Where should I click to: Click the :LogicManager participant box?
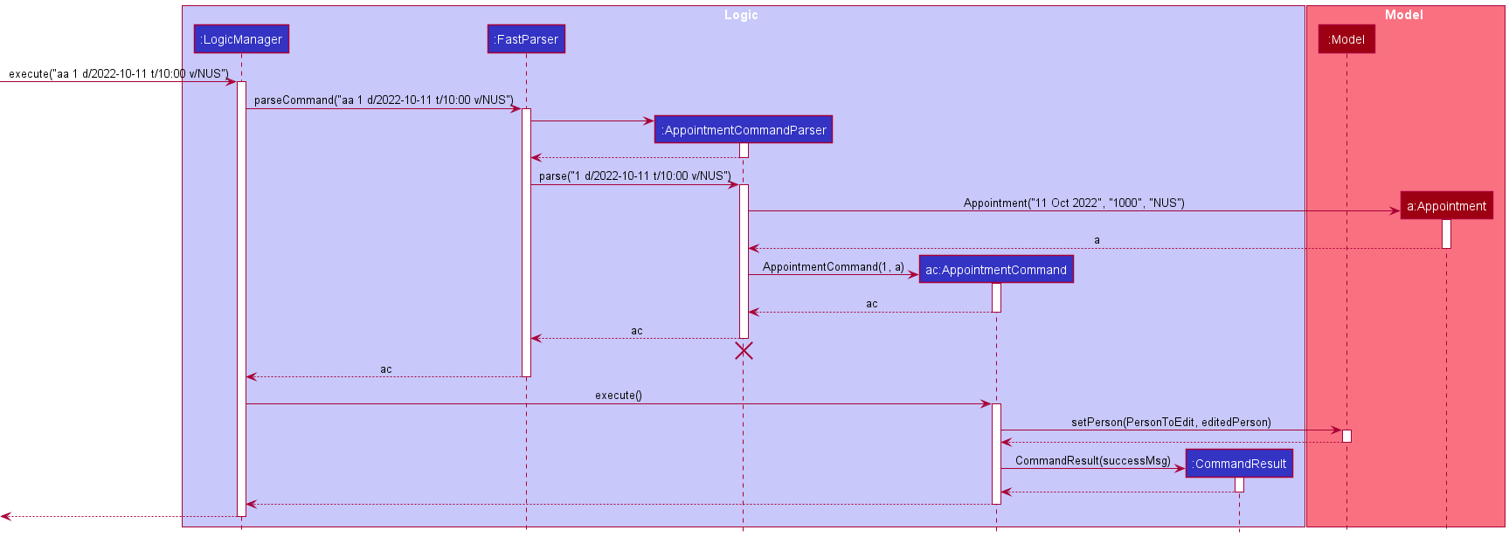241,39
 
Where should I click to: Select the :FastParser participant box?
526,39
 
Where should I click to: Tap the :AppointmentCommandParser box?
743,130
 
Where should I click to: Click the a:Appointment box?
1446,206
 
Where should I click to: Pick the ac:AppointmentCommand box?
995,270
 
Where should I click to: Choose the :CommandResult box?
1239,464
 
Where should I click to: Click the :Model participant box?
1346,39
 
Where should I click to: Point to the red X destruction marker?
744,351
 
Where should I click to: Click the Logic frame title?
741,15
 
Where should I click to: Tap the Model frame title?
1403,15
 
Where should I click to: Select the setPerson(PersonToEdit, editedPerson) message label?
1171,423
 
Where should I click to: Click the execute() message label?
618,396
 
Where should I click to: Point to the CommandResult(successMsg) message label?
1092,461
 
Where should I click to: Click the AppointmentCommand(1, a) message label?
833,267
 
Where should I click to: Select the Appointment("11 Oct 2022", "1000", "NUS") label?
1074,203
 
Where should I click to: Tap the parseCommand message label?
384,100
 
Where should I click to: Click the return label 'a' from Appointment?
1097,240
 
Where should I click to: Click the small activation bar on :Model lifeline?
1346,436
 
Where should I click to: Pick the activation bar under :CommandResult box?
1239,485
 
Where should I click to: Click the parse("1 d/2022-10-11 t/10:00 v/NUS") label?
634,176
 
